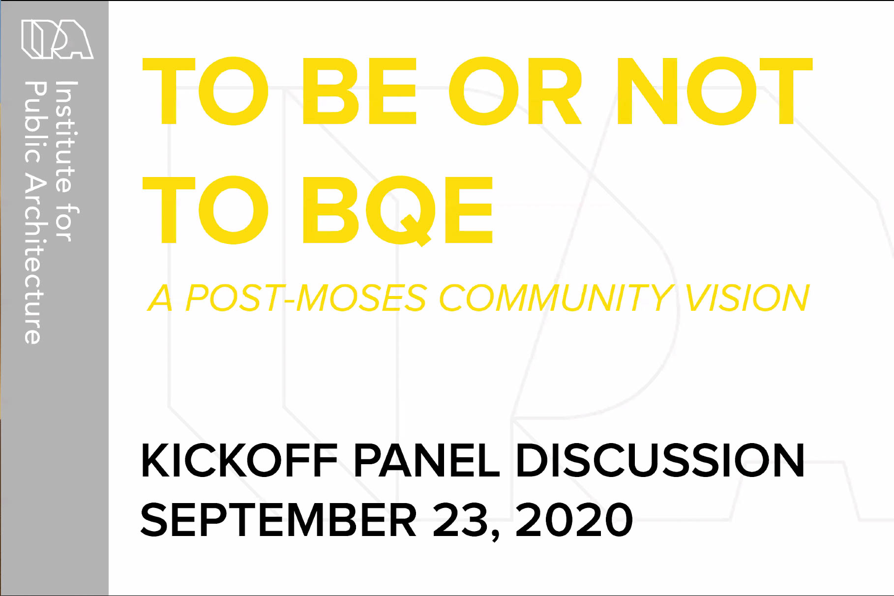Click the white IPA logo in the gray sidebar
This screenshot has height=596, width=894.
coord(57,39)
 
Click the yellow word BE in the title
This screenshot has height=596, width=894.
coord(359,91)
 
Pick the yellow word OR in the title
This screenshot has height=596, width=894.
coord(515,91)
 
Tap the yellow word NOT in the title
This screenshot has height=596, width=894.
coord(715,91)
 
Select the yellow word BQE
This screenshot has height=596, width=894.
coord(398,210)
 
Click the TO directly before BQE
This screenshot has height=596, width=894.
coord(206,210)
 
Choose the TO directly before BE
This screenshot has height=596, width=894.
coord(206,91)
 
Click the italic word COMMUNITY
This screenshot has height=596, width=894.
coord(555,298)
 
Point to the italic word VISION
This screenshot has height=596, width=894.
coord(747,298)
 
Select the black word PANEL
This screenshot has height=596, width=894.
coord(426,460)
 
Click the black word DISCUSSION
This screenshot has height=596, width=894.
coord(660,460)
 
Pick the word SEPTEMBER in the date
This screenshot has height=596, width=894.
coord(279,520)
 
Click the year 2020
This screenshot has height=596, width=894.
coord(574,520)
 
